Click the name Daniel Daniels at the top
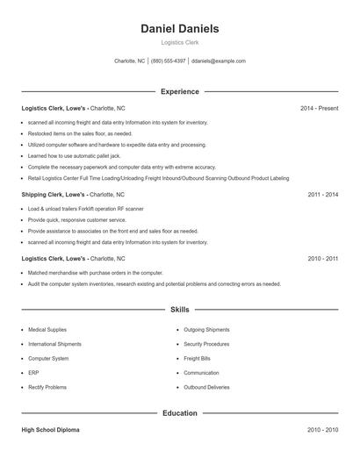(x=179, y=29)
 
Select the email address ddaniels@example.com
(x=218, y=61)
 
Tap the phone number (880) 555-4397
(x=168, y=61)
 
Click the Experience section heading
(x=179, y=91)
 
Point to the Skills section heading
(x=179, y=310)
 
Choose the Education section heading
(x=179, y=413)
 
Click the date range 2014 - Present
(x=319, y=109)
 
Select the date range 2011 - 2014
(x=322, y=194)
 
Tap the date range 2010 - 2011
(x=322, y=259)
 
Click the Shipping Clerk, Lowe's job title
(x=54, y=194)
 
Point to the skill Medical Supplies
(x=47, y=330)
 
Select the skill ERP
(x=32, y=373)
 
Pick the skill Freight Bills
(x=198, y=359)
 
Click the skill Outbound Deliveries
(x=207, y=387)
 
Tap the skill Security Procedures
(x=207, y=344)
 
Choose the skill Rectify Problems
(x=47, y=387)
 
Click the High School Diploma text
(x=50, y=431)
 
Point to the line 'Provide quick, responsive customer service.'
(x=77, y=220)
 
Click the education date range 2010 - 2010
(x=322, y=431)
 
